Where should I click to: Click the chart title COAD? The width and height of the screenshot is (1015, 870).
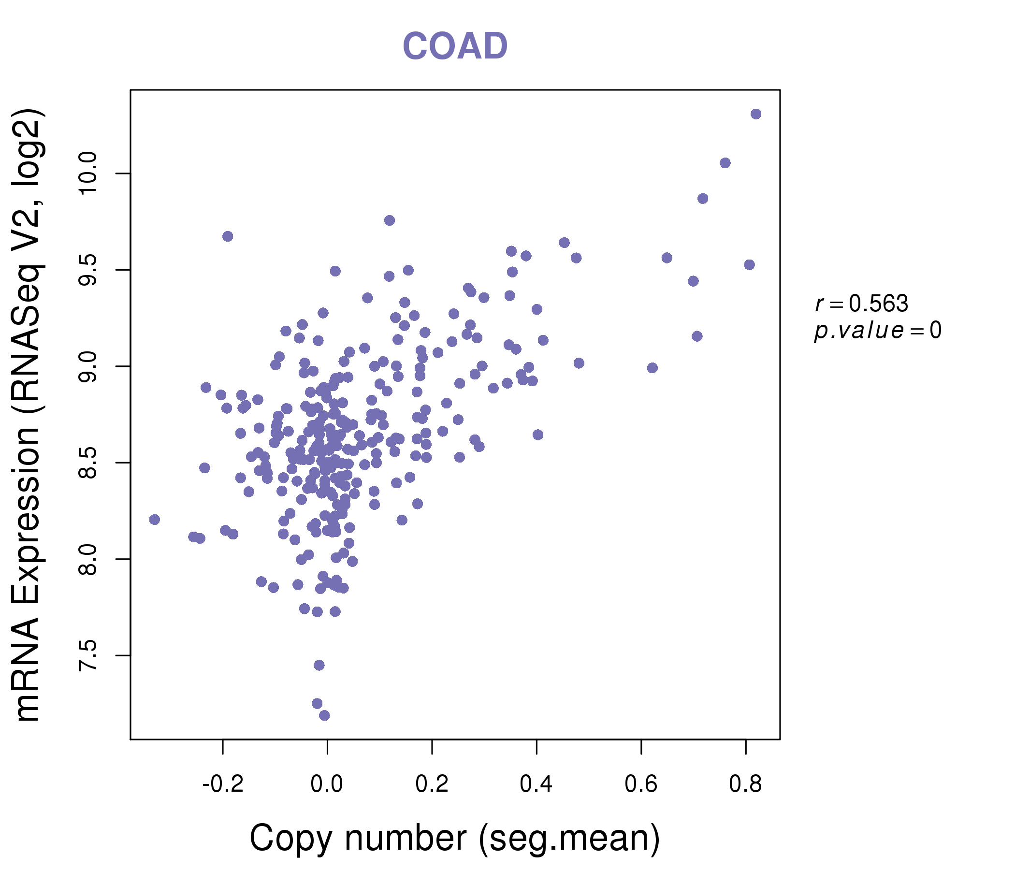pos(455,46)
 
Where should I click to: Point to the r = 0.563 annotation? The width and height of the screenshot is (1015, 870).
pos(862,304)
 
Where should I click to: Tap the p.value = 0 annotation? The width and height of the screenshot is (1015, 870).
pos(877,331)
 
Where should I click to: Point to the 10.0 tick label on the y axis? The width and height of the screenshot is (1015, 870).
pos(88,174)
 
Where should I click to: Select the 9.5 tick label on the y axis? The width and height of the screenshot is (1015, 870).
pos(88,270)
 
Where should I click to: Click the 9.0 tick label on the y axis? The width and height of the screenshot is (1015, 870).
pos(88,366)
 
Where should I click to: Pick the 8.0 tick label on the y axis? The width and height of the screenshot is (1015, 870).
pos(88,559)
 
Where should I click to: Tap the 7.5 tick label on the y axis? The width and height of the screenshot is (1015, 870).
pos(88,655)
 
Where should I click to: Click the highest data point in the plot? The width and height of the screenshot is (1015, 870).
pos(756,114)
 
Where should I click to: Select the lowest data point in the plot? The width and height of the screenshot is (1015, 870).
pos(324,715)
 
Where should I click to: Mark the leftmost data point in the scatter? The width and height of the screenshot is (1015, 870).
pos(155,519)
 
